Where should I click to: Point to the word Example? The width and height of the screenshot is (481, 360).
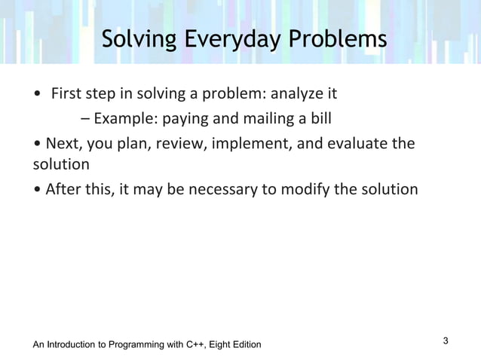click(x=121, y=119)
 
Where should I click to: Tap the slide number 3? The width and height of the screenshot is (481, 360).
click(x=446, y=341)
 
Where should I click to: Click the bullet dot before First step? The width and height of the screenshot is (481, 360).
click(x=38, y=96)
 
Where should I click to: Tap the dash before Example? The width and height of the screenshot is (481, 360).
click(x=84, y=119)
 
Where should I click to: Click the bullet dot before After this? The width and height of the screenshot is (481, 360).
click(x=37, y=189)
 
